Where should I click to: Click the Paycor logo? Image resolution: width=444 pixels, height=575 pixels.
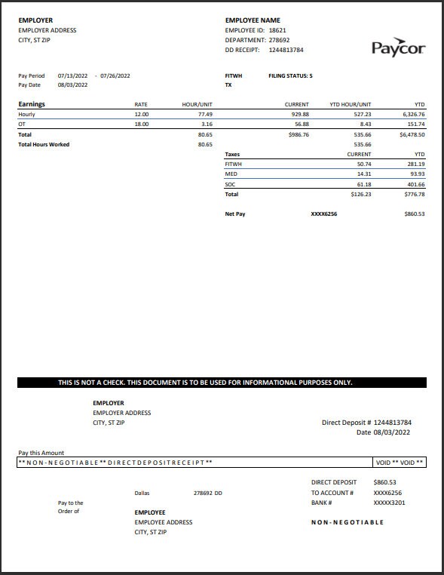click(x=398, y=48)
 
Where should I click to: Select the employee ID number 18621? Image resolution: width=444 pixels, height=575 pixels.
click(x=277, y=30)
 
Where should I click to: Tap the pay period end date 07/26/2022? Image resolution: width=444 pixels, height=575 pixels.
click(x=115, y=75)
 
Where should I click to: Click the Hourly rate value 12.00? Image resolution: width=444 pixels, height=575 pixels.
click(x=141, y=114)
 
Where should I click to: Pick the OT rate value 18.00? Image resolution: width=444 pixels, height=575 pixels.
click(x=141, y=124)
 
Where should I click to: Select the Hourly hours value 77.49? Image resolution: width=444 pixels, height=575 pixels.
click(x=204, y=114)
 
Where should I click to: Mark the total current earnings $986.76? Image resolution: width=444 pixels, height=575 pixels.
click(x=299, y=134)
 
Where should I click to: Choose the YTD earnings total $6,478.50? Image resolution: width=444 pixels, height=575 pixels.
click(x=412, y=134)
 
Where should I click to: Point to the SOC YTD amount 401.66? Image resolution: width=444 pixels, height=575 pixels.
click(x=415, y=184)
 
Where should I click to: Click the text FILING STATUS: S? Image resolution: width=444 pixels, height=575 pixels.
click(x=290, y=75)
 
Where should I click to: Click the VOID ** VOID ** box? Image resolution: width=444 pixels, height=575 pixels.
click(x=399, y=462)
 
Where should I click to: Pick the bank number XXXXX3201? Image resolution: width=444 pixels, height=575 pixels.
click(x=390, y=503)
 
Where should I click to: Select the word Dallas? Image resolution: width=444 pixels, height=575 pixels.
click(x=142, y=493)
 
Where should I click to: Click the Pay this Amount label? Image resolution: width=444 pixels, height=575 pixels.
click(x=41, y=453)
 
